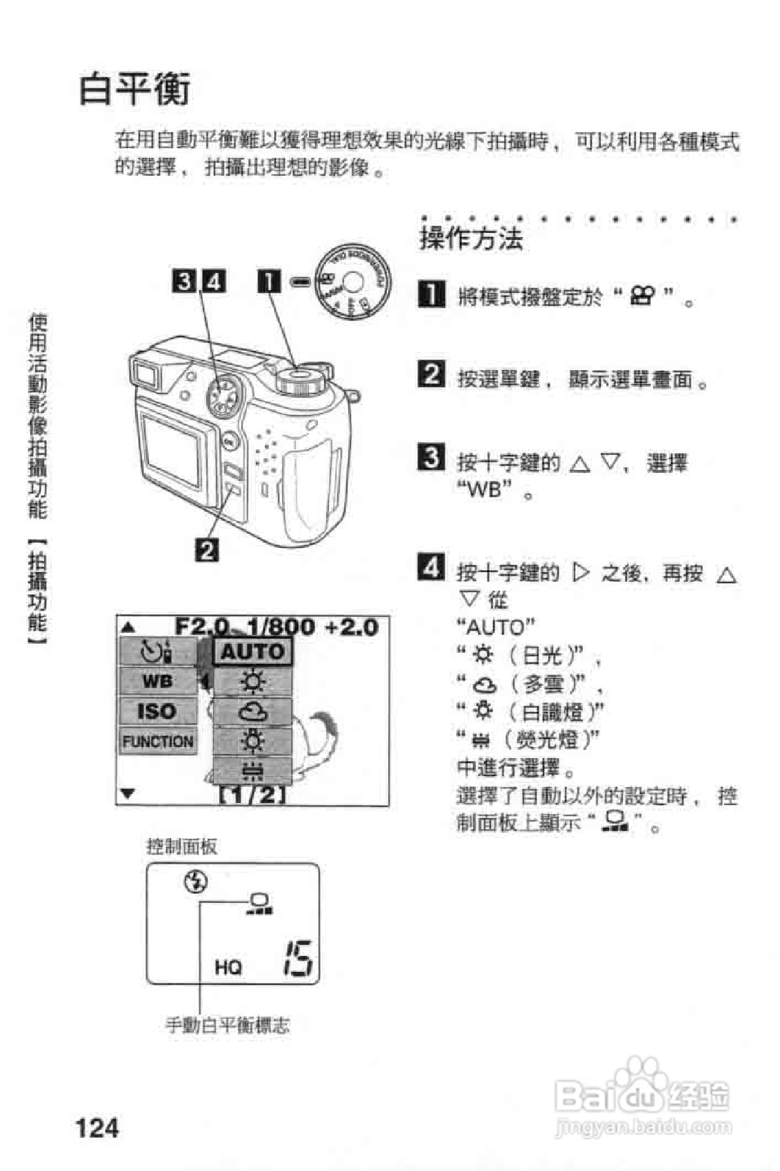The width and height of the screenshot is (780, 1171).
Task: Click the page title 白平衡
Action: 134,89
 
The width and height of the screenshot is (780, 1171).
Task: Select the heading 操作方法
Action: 471,238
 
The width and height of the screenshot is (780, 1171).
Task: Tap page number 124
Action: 97,1128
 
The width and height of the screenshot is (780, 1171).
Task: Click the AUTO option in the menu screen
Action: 252,651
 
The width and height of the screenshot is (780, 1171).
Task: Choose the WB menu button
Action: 158,681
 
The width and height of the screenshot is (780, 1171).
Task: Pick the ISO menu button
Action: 158,711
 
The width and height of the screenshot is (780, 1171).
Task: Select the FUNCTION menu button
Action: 158,742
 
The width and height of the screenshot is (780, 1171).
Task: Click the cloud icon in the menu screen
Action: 252,711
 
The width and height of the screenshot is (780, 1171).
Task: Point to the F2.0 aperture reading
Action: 201,627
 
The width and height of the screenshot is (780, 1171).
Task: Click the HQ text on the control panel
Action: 228,967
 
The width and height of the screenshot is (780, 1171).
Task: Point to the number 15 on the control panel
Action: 299,958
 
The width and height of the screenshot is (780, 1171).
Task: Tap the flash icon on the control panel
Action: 197,882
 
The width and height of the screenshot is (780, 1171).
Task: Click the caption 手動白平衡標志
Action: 228,1025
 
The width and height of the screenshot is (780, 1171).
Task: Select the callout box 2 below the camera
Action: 208,551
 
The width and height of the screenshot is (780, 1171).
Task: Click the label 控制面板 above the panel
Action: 182,846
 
